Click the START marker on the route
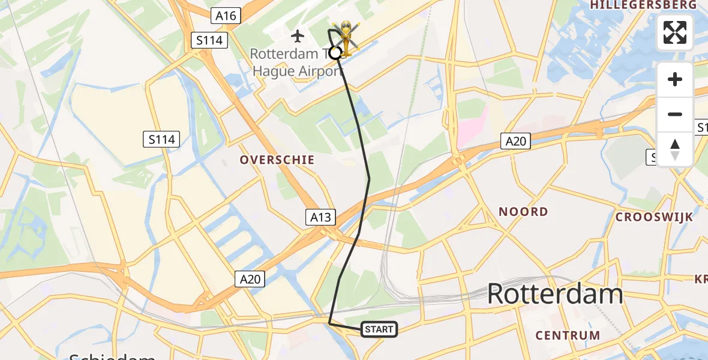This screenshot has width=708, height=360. [379, 329]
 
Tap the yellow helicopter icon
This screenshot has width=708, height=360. [346, 37]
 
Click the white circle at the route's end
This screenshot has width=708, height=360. [335, 53]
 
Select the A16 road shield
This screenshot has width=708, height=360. [226, 16]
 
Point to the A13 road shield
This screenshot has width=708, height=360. [320, 217]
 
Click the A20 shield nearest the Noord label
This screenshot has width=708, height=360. [515, 141]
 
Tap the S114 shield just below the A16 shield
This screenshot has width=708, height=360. [209, 41]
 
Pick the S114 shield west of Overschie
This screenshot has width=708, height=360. [162, 140]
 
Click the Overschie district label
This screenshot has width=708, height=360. [277, 160]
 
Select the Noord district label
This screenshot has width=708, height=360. [524, 211]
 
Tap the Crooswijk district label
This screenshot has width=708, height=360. [654, 217]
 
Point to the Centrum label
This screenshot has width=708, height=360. [568, 335]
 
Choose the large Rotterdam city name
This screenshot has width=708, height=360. [555, 295]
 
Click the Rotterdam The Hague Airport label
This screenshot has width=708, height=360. [297, 62]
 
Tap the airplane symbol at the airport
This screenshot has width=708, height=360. [297, 36]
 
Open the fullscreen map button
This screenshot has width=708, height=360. [675, 32]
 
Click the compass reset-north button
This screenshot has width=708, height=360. [675, 149]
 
